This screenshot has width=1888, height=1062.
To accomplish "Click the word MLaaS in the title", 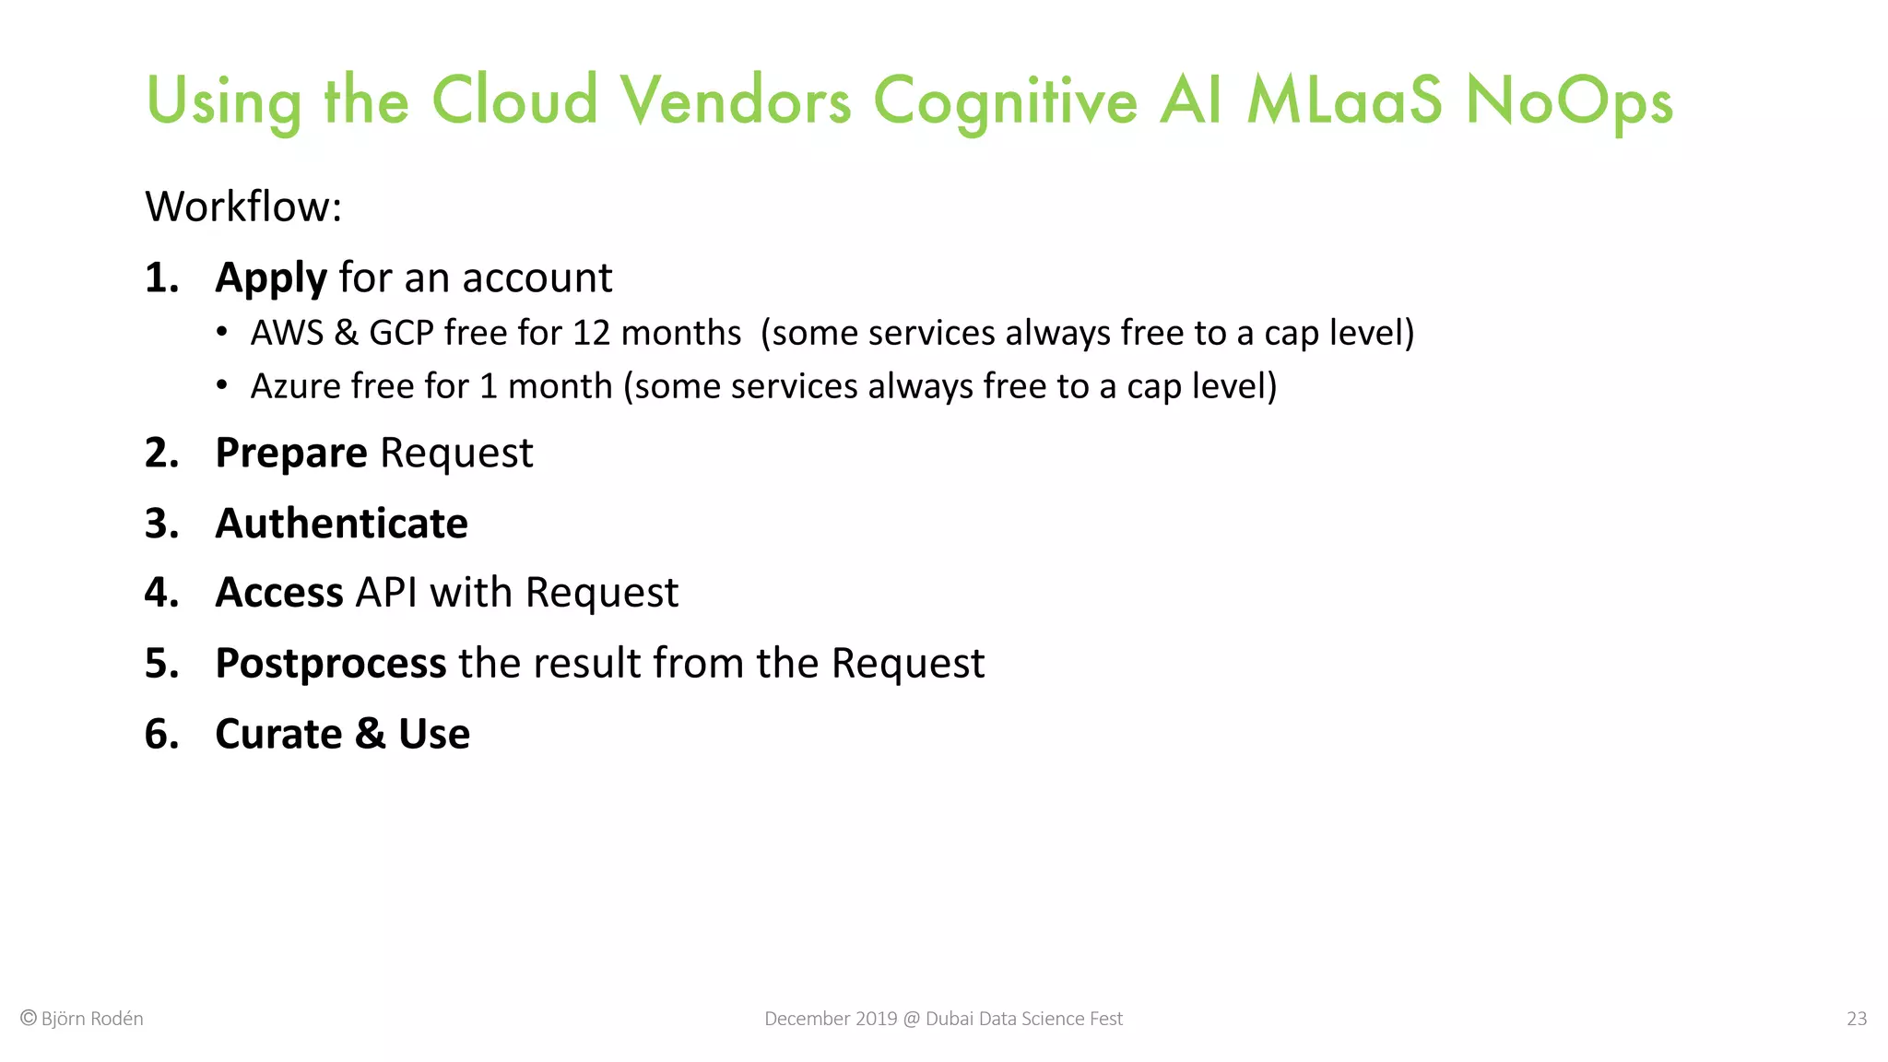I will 1344,100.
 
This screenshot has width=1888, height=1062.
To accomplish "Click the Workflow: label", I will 243,206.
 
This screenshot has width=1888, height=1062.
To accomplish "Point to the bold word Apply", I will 270,278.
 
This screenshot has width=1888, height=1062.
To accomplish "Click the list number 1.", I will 160,277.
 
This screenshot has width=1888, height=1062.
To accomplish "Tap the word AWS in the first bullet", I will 287,333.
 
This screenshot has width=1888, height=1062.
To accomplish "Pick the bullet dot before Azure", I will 221,385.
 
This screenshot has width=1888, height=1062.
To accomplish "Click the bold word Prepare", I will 290,454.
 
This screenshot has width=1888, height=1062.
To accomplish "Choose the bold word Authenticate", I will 341,524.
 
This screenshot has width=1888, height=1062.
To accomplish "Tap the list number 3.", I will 160,524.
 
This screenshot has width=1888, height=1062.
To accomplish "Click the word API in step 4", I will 386,592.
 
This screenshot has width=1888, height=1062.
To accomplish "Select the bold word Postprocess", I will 330,664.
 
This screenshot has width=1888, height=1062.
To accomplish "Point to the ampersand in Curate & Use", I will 370,734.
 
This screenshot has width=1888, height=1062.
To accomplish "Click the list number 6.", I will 160,734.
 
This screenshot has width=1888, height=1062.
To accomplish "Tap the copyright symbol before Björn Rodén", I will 29,1018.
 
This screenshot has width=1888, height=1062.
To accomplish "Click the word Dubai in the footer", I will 950,1019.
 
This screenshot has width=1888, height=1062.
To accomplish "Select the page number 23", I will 1856,1019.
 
